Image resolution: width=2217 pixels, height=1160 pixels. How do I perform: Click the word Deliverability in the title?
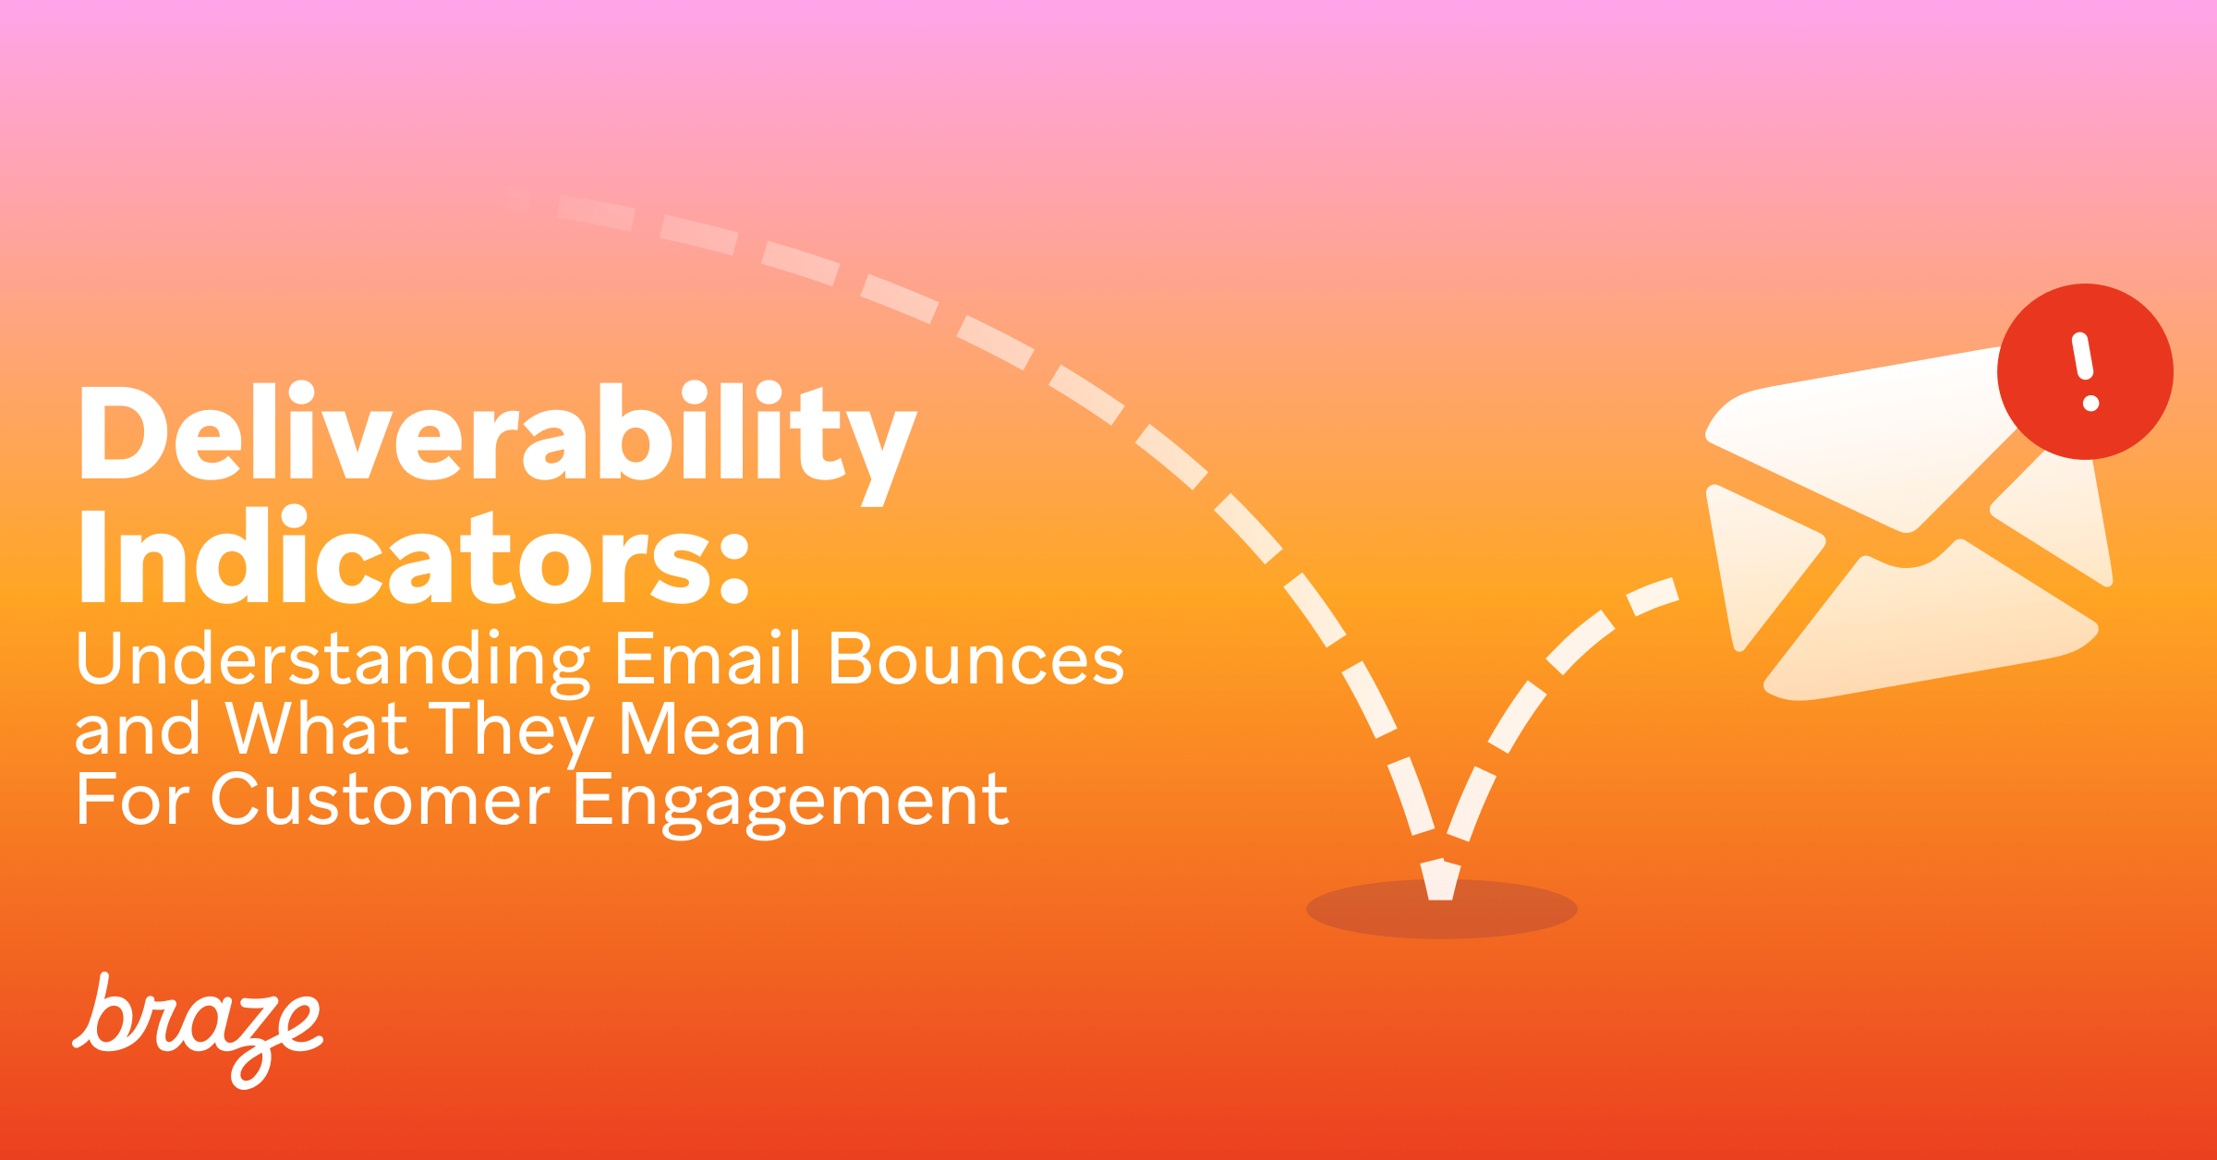coord(497,434)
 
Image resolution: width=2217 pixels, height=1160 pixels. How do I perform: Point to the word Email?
coord(708,659)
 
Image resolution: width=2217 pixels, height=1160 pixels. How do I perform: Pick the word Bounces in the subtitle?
coord(975,660)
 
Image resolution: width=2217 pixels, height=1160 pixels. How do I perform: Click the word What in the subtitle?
coord(316,730)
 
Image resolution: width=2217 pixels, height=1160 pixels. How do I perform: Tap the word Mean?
coord(711,730)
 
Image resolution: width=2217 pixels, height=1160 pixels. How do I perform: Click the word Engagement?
coord(790,802)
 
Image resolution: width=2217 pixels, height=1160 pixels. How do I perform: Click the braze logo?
coord(198,1031)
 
